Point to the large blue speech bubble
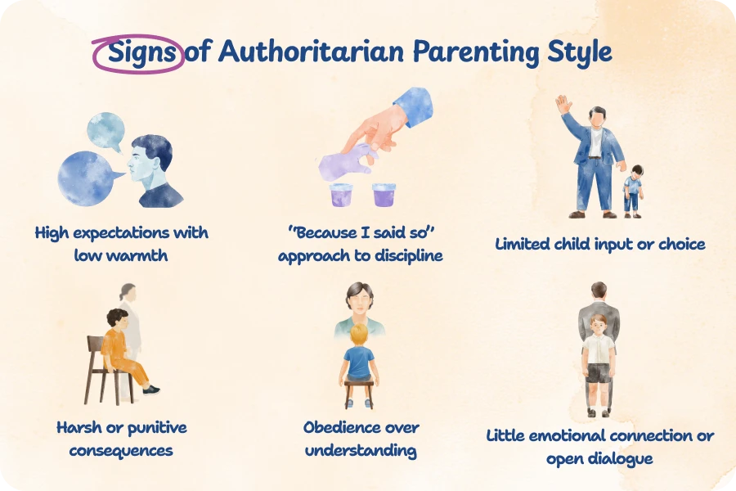coord(88,178)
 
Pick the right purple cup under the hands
coord(384,195)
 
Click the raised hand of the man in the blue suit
coord(562,105)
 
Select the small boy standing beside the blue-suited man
coord(634,190)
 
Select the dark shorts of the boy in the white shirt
coord(599,373)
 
